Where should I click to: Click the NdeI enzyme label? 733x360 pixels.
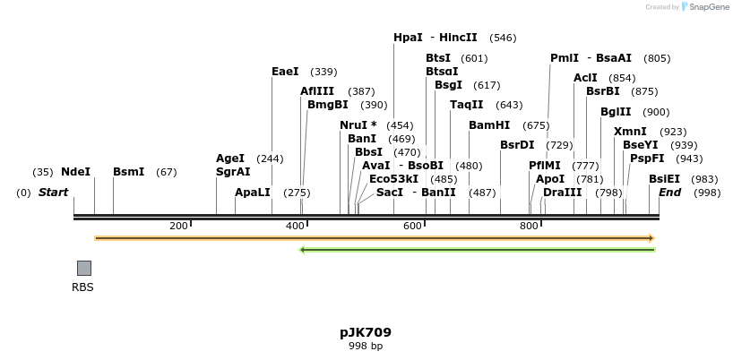coord(75,172)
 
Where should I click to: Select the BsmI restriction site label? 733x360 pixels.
coord(128,172)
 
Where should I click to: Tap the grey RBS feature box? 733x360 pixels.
coord(83,268)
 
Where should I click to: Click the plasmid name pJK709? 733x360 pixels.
coord(366,332)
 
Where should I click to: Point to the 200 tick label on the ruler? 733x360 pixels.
coord(177,226)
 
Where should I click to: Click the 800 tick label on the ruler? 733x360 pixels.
coord(529,226)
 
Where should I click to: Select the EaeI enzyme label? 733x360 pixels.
coord(285,72)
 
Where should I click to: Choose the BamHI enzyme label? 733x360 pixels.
coord(489,125)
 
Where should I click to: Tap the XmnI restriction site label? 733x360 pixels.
coord(630,132)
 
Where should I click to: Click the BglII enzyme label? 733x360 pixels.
coord(616,112)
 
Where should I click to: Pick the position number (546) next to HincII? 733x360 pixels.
coord(503,38)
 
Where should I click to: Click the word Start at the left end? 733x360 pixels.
coord(53,193)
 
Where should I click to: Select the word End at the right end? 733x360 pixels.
coord(670,193)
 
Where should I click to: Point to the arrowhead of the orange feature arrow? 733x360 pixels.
coord(651,238)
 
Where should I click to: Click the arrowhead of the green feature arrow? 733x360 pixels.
coord(303,249)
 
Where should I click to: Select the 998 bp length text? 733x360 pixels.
coord(366,346)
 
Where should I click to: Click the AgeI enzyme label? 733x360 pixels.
coord(230,159)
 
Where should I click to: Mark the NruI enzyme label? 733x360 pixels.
coord(358,125)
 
